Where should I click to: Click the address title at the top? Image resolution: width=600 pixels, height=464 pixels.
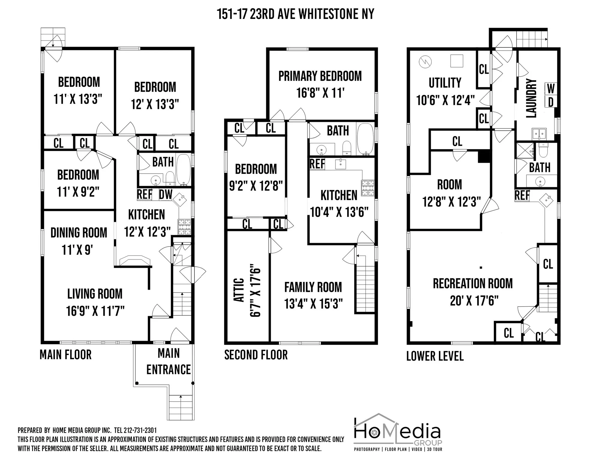295,14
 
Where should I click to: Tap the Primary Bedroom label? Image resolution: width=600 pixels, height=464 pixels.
320,76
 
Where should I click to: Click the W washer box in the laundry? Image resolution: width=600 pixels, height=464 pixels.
551,89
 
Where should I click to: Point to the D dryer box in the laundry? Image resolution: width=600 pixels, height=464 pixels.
551,102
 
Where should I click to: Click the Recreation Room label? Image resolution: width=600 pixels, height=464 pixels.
472,284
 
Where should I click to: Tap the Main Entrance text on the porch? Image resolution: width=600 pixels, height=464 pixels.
168,361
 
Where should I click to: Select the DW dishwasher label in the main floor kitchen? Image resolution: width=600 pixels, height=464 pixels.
166,195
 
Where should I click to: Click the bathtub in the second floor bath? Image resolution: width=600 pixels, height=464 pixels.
366,139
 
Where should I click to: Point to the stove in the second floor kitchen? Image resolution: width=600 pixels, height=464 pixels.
368,188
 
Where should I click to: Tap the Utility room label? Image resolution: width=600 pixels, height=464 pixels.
445,83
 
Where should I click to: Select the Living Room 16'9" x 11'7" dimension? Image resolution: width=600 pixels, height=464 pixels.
95,311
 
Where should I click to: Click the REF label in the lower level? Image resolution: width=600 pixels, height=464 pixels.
522,196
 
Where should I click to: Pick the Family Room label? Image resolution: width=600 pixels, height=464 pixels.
313,287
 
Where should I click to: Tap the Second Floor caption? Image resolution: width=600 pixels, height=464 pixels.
256,355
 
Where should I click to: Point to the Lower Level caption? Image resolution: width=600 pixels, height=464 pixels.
435,356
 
